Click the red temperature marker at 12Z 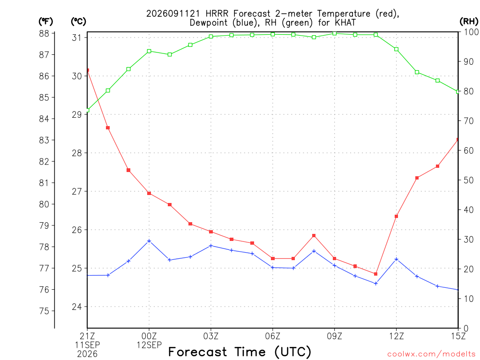(396, 217)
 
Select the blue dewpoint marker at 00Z (149, 241)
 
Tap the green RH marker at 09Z (335, 33)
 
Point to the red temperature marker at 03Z (211, 232)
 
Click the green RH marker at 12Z (396, 49)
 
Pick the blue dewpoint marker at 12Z (396, 259)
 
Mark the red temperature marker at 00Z (149, 193)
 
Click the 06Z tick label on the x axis (272, 336)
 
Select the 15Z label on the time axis (458, 336)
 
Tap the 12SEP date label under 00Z (149, 345)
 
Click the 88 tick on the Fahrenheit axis (44, 33)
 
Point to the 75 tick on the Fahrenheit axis (44, 311)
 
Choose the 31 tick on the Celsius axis (76, 37)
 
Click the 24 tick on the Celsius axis (77, 307)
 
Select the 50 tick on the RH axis (468, 180)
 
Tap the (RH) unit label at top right (469, 22)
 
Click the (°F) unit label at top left (45, 22)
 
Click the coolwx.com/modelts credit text (431, 354)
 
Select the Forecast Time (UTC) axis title (240, 352)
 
